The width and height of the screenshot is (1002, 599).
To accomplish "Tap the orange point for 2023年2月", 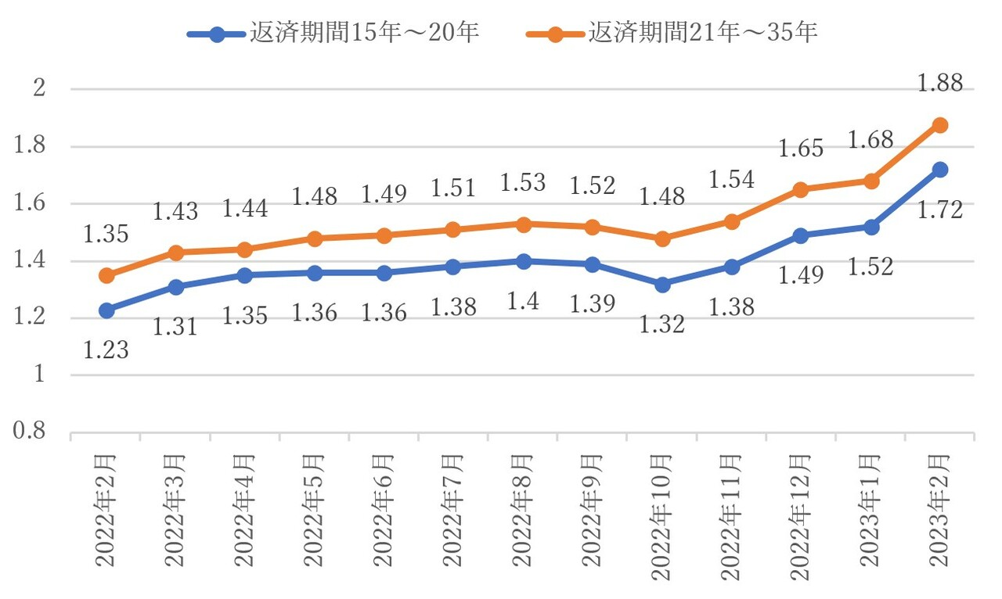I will tap(939, 125).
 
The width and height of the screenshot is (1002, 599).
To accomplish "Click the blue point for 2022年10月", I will tap(662, 285).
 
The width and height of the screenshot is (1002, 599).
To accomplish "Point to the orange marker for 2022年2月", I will tap(106, 275).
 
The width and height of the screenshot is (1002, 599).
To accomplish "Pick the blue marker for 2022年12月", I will tap(800, 235).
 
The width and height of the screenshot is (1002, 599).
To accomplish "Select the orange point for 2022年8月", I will tap(524, 224).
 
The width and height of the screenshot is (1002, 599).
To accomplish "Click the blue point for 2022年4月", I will tap(245, 275).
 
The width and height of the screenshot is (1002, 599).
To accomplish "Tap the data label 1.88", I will tap(939, 84).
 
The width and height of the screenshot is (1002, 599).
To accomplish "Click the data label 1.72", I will tap(939, 210).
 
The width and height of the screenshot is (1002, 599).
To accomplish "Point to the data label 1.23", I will tap(106, 350).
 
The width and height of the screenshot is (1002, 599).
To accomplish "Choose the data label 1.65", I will tap(800, 149).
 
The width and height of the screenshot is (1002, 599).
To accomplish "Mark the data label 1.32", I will tap(662, 324).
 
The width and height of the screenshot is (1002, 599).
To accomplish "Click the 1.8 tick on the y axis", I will tap(37, 147).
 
